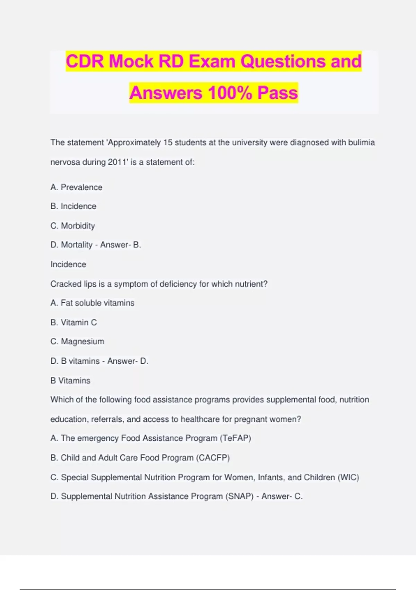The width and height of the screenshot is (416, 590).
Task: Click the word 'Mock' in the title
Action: pos(131,61)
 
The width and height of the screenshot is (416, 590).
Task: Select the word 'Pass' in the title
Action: pos(277,93)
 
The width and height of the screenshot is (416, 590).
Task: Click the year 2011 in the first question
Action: pos(118,162)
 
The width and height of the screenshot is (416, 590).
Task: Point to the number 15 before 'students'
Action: pos(168,143)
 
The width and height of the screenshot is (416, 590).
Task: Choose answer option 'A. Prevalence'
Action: pos(76,187)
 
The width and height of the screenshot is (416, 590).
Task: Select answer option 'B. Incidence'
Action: pos(73,206)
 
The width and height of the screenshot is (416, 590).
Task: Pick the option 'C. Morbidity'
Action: pos(72,226)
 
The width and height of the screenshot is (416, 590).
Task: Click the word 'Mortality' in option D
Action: pos(77,245)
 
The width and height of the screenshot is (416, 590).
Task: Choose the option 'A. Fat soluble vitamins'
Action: pos(92,303)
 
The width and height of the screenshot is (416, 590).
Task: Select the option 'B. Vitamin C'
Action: pos(73,322)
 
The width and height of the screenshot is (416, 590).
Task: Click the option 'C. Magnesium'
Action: pos(77,342)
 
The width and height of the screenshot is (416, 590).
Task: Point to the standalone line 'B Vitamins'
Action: pos(70,381)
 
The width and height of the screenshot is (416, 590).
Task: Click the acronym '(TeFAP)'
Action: pos(235,438)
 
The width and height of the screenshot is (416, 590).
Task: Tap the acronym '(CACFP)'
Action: pos(213,458)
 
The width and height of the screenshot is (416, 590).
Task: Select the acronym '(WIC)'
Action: pos(348,477)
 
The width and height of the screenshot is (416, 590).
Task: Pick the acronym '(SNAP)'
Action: pos(240,496)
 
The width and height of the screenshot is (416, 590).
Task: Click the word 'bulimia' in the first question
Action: pos(361,143)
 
